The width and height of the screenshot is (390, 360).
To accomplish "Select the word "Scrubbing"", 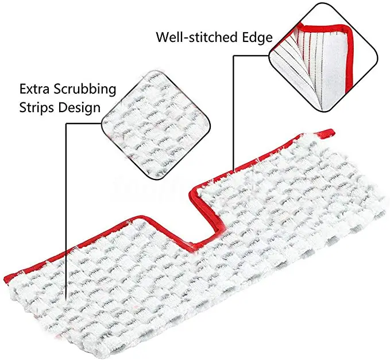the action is coord(86,90).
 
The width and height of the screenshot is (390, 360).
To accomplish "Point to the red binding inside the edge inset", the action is coord(322,30).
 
